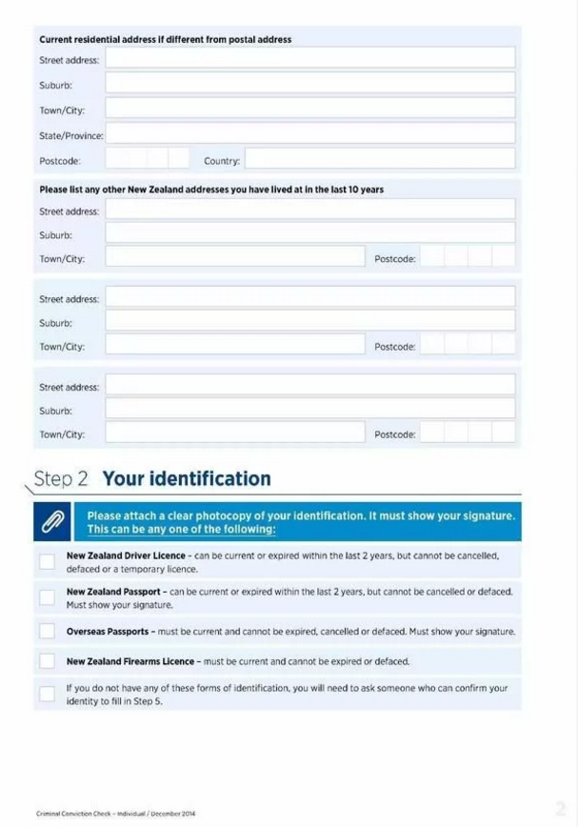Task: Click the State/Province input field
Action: (x=309, y=134)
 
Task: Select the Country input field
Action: (x=379, y=159)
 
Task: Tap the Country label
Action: (x=221, y=161)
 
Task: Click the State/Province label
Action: (x=70, y=136)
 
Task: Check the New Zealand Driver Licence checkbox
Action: (x=47, y=561)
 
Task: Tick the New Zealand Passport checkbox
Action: (x=47, y=597)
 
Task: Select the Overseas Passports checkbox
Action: (x=47, y=631)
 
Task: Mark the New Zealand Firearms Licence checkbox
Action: (x=47, y=660)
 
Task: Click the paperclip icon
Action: (x=53, y=521)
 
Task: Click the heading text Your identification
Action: (x=186, y=478)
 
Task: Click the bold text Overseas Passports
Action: (x=107, y=631)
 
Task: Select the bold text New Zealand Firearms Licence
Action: (x=130, y=661)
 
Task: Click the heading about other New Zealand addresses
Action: (x=210, y=190)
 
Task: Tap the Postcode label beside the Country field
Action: (x=59, y=161)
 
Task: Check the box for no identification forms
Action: (x=47, y=693)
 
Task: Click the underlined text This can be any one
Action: (x=181, y=530)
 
